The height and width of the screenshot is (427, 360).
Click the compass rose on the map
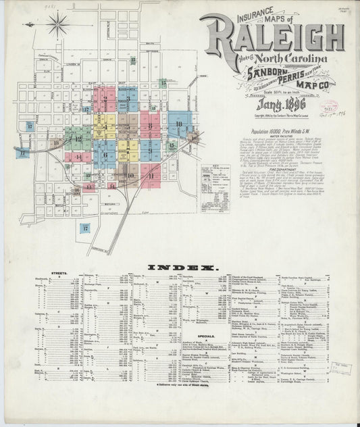pos(58,24)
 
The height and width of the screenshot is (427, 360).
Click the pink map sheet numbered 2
pos(104,99)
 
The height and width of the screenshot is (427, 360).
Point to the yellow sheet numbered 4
pos(105,126)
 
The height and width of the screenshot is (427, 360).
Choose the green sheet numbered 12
pos(78,139)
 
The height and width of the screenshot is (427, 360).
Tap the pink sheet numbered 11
pos(151,175)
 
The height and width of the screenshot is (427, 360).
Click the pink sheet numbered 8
pos(150,125)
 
